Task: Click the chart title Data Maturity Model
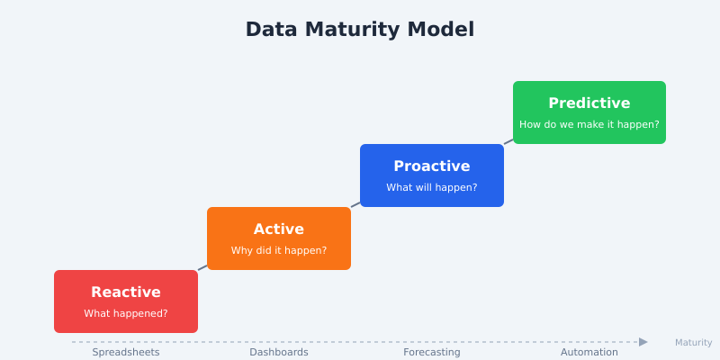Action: click(x=360, y=30)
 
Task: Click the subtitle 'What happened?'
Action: click(x=126, y=314)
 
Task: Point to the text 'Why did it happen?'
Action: click(x=279, y=251)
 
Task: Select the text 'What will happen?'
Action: click(x=432, y=188)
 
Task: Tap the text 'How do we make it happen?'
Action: click(x=589, y=125)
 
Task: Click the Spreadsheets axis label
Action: click(x=126, y=352)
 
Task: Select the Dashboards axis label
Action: click(x=279, y=352)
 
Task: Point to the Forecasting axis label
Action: click(x=432, y=352)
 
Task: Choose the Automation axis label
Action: click(x=589, y=352)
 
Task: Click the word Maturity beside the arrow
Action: click(x=693, y=343)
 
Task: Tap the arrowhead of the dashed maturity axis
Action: click(x=643, y=342)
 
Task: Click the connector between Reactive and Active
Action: click(x=202, y=267)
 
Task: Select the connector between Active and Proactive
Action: click(x=355, y=204)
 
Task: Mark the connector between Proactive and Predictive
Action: click(x=508, y=141)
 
